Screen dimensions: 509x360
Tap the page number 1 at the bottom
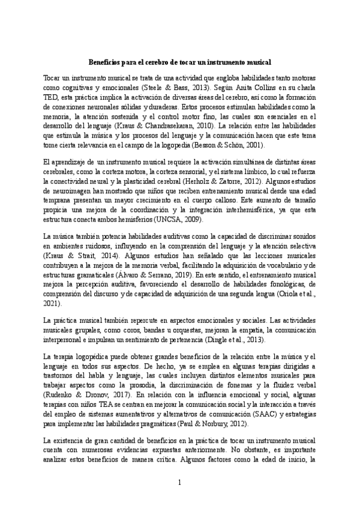pos(179,483)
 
